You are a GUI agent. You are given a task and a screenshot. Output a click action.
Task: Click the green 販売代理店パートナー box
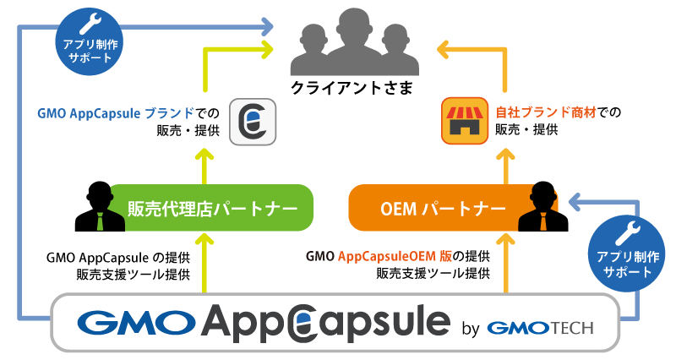click(211, 207)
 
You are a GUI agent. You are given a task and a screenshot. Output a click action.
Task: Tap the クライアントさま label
click(338, 87)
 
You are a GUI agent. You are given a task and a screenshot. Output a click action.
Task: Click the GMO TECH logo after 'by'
click(540, 326)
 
